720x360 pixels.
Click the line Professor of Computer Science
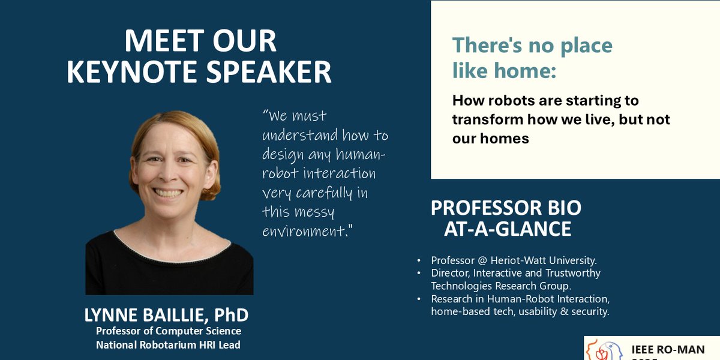(x=169, y=331)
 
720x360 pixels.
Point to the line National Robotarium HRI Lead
(x=169, y=344)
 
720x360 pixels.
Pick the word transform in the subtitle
(x=487, y=119)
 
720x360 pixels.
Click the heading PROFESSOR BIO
(x=506, y=208)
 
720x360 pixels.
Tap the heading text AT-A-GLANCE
(x=507, y=229)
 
